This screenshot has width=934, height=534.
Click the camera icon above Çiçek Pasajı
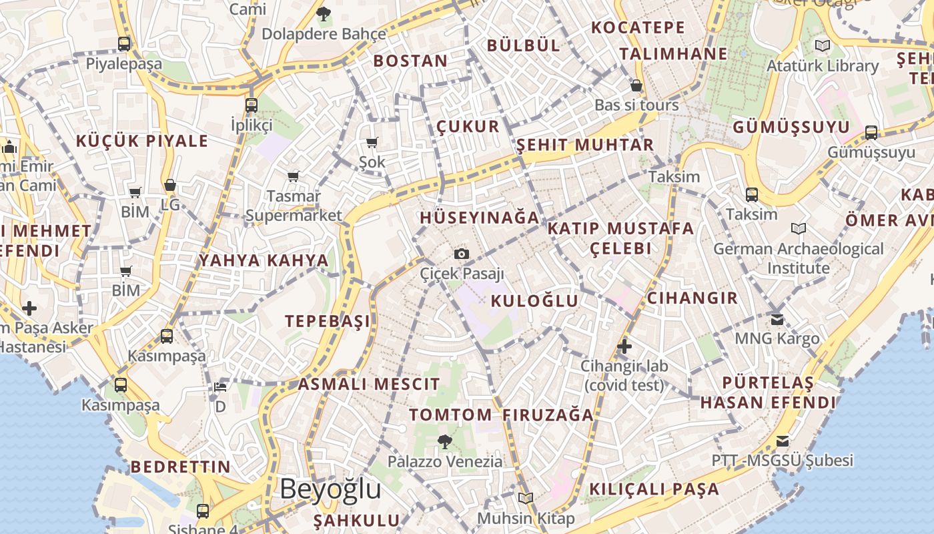(461, 254)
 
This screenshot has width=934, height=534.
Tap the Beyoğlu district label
(330, 489)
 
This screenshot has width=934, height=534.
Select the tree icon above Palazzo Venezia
(444, 441)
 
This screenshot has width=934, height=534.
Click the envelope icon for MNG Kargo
(777, 319)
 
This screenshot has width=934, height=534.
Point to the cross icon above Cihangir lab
(624, 346)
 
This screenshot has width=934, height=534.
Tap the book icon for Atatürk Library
(823, 45)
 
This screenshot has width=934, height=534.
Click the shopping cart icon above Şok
(372, 142)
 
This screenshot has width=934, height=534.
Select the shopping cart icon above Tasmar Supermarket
(294, 176)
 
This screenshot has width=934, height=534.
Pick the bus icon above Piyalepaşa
(124, 44)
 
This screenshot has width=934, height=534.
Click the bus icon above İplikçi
(252, 105)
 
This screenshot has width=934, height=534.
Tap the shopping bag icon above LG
(170, 185)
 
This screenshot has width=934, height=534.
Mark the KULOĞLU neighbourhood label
(534, 301)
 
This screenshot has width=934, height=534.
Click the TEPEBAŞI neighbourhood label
(328, 321)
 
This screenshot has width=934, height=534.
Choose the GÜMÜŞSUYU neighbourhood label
(791, 127)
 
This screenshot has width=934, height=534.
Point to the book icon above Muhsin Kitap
(526, 498)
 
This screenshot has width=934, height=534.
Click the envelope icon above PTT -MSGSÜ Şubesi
(783, 441)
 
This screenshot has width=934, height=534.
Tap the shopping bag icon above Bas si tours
(636, 85)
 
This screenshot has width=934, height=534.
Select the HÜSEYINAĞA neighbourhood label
(479, 218)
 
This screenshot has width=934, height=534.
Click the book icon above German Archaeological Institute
(799, 229)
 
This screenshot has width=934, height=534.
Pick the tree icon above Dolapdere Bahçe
(324, 13)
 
